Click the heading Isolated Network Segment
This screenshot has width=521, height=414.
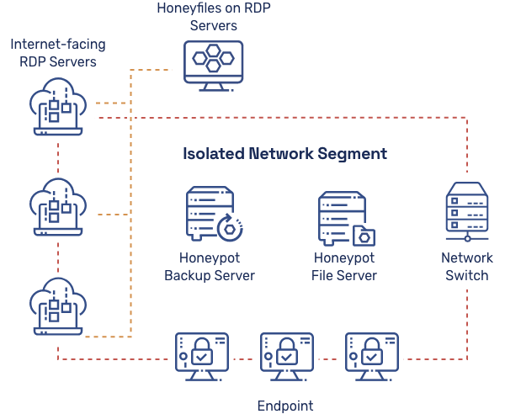284,154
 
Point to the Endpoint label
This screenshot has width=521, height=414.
284,406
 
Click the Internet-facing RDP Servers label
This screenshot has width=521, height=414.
57,52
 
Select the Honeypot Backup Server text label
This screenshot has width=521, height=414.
209,267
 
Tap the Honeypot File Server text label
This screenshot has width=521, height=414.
344,267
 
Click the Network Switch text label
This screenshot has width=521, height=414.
466,267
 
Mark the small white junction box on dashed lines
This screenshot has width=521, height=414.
130,118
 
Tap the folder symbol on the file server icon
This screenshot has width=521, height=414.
365,234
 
